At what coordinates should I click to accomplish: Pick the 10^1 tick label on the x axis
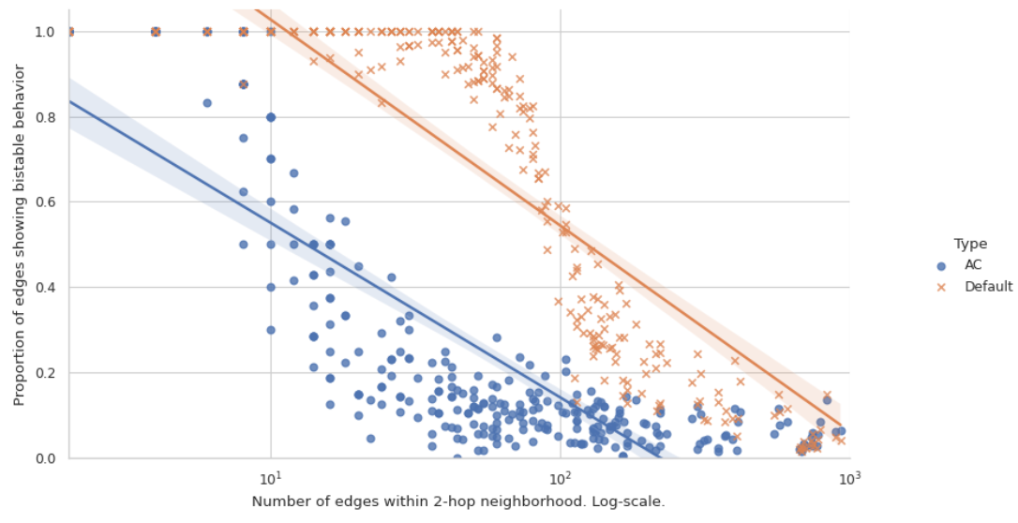click(271, 477)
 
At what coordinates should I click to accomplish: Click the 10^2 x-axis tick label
click(561, 477)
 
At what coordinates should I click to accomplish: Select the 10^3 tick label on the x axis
click(849, 477)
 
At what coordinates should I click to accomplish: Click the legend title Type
click(970, 244)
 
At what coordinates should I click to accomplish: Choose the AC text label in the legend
click(973, 265)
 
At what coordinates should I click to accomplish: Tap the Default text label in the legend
click(988, 287)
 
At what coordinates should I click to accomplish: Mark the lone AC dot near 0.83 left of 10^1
click(207, 103)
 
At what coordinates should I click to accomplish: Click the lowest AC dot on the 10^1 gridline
click(271, 330)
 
